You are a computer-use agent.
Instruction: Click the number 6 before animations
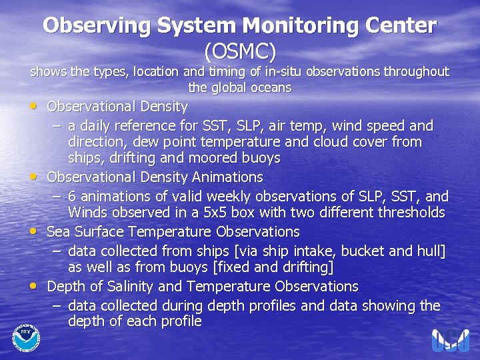click(72, 197)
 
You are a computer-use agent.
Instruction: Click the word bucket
click(363, 251)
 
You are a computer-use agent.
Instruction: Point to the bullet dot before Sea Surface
click(34, 231)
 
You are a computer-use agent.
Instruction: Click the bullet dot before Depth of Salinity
click(34, 286)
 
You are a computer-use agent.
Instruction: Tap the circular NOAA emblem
click(26, 337)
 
